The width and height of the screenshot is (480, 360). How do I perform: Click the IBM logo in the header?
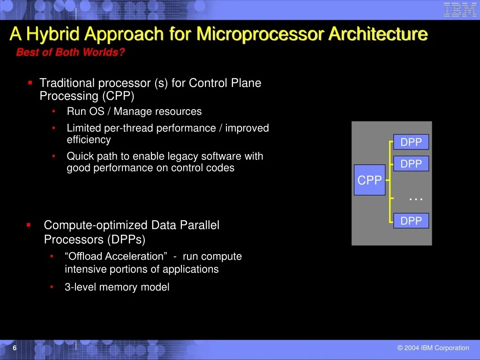pyautogui.click(x=460, y=9)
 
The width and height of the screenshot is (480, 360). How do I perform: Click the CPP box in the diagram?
pyautogui.click(x=369, y=180)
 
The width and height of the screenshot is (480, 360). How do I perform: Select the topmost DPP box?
pyautogui.click(x=411, y=142)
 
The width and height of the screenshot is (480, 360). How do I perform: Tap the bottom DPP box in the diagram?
pyautogui.click(x=411, y=220)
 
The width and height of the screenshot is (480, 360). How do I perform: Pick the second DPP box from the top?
pyautogui.click(x=411, y=164)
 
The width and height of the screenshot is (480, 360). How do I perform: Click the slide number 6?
pyautogui.click(x=15, y=348)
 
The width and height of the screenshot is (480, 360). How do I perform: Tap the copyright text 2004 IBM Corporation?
pyautogui.click(x=433, y=348)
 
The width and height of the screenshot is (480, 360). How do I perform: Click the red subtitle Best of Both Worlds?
pyautogui.click(x=70, y=52)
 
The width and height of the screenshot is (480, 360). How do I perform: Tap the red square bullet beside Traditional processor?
pyautogui.click(x=30, y=82)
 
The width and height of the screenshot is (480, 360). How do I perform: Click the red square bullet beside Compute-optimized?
pyautogui.click(x=29, y=225)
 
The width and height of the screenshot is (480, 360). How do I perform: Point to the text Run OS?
pyautogui.click(x=86, y=111)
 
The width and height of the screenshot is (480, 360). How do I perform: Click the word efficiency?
pyautogui.click(x=89, y=140)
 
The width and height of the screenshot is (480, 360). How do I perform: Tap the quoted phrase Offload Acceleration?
pyautogui.click(x=116, y=256)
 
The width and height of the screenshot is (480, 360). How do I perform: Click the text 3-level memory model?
pyautogui.click(x=117, y=287)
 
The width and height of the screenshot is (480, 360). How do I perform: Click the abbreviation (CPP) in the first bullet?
pyautogui.click(x=118, y=96)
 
